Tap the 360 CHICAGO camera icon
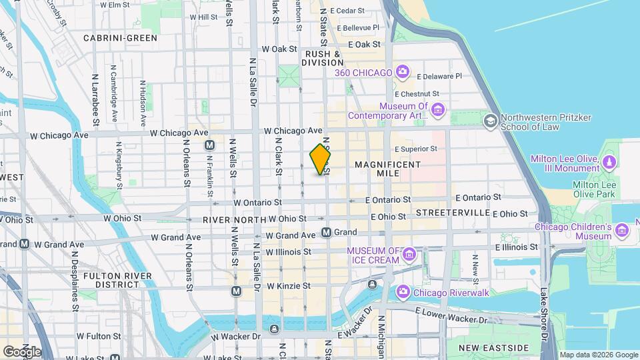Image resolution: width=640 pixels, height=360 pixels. point(402,71)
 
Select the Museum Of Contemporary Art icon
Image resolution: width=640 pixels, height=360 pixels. point(437,109)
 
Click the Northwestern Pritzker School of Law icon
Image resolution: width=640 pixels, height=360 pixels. point(491,120)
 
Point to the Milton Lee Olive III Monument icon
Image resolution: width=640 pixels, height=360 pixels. point(609,163)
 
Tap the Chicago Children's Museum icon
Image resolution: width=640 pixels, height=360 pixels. point(623,231)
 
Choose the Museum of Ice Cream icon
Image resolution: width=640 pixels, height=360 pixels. point(409,254)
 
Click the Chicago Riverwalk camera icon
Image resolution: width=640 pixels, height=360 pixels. point(403,291)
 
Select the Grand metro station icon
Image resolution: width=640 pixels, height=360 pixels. point(327,233)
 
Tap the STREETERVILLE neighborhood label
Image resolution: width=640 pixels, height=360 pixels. point(452,213)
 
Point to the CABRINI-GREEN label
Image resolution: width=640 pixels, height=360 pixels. point(120,38)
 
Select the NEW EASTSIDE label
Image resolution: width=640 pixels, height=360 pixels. point(494,348)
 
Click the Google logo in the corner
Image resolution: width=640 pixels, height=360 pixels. point(22,351)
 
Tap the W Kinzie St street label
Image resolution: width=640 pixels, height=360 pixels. point(288,286)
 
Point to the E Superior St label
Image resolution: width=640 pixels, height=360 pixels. point(417,149)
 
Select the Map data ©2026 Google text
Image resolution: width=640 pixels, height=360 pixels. point(598,355)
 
